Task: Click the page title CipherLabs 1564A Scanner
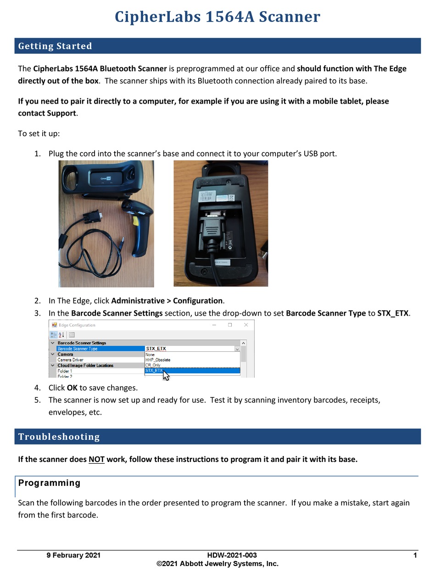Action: click(218, 17)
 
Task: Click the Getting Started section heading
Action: click(55, 46)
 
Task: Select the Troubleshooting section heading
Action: click(59, 437)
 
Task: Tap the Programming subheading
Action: click(49, 483)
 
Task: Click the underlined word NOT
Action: click(96, 459)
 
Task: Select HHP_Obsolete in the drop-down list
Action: click(158, 360)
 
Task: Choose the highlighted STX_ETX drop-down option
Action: click(154, 371)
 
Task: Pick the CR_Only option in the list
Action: click(153, 365)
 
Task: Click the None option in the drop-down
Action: click(150, 355)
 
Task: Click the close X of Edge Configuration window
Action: click(246, 325)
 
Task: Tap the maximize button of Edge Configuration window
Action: click(230, 325)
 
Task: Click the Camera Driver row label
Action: click(70, 360)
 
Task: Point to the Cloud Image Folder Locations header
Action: click(85, 366)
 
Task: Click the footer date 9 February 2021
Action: click(73, 555)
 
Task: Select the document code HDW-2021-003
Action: click(232, 555)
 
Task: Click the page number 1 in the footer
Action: click(415, 555)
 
